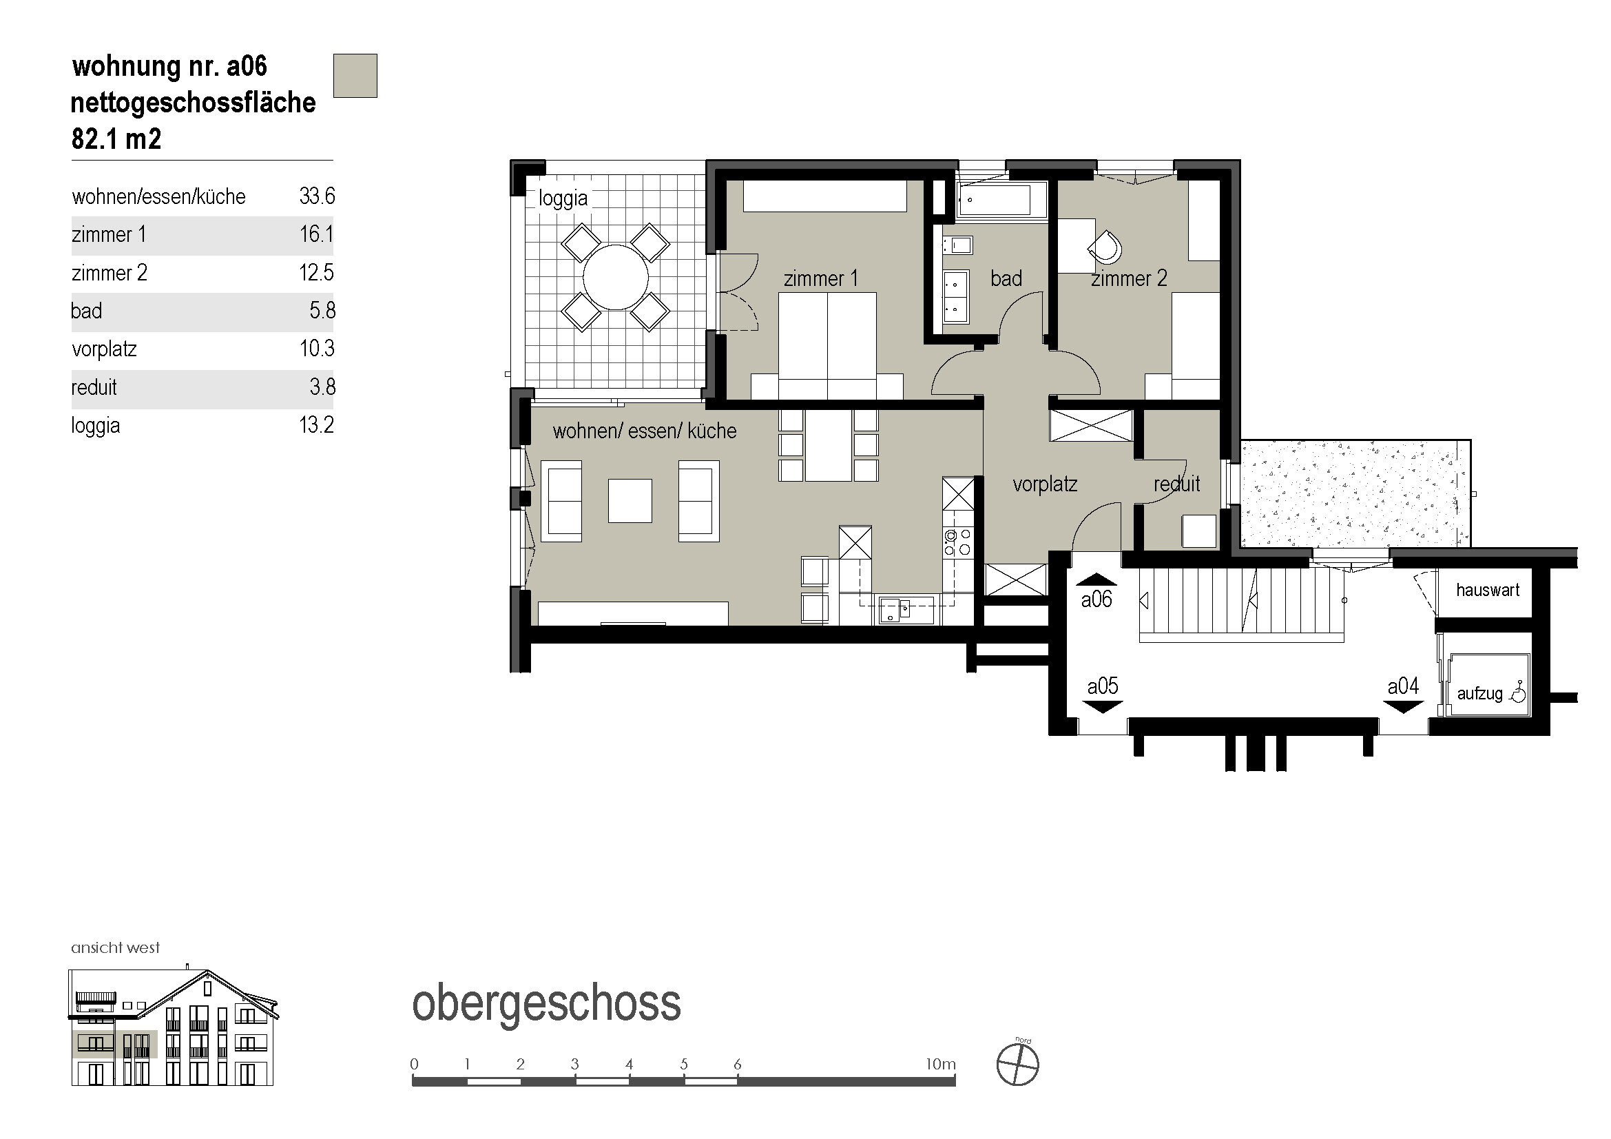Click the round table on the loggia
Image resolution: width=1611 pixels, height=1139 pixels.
(x=615, y=277)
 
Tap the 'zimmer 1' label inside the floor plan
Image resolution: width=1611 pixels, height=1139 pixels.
(x=820, y=278)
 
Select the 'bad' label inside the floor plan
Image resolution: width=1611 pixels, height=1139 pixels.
(x=1006, y=278)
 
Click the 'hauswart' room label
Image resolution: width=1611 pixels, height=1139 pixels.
(x=1488, y=590)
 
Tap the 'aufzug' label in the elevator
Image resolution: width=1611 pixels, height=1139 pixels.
(x=1479, y=693)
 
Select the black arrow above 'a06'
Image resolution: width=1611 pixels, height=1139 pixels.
(x=1096, y=579)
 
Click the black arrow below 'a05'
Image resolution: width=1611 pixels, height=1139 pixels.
(x=1102, y=707)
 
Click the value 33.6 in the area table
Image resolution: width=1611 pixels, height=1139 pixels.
(x=316, y=196)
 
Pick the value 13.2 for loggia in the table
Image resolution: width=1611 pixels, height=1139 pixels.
(x=316, y=424)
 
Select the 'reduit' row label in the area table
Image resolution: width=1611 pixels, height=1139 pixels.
(x=94, y=387)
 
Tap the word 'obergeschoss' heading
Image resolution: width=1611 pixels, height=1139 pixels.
(x=547, y=1003)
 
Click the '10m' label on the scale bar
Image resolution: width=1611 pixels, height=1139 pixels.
(x=940, y=1064)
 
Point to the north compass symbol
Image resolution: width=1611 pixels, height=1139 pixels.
(x=1018, y=1065)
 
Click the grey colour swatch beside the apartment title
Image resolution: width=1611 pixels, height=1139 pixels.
(x=355, y=76)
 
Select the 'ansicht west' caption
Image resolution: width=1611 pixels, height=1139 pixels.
(x=116, y=947)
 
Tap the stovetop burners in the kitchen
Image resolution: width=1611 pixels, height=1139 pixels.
(x=958, y=542)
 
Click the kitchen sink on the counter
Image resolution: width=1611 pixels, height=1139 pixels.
(x=894, y=609)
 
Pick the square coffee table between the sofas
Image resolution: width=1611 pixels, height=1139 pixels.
(x=630, y=500)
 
